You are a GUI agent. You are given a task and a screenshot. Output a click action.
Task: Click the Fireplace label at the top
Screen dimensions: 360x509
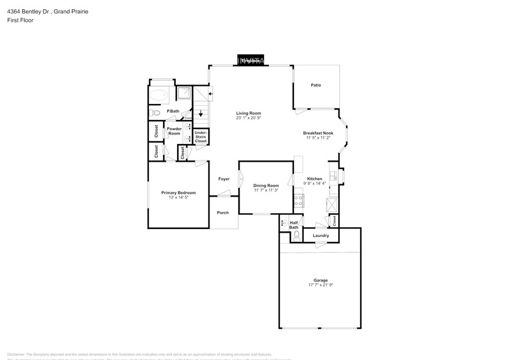click(251, 61)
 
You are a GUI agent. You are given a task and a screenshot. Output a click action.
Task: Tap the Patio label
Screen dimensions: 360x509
click(315, 85)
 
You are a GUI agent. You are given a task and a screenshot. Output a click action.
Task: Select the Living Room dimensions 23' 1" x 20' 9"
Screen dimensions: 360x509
click(249, 118)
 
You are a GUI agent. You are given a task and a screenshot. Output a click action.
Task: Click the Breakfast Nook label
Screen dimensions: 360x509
click(318, 133)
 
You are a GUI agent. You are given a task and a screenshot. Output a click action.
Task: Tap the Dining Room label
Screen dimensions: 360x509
click(266, 186)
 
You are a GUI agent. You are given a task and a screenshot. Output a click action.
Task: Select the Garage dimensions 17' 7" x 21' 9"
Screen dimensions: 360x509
click(320, 285)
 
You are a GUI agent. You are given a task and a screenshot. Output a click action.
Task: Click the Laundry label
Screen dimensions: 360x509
click(320, 236)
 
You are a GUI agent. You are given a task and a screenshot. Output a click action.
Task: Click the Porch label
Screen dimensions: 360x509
click(223, 213)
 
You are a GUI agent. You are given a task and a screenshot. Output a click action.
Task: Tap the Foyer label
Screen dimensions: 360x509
click(224, 179)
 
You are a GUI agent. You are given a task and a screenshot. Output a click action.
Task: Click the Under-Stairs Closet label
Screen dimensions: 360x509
click(200, 137)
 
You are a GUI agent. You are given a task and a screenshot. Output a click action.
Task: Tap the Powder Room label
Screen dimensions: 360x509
click(174, 131)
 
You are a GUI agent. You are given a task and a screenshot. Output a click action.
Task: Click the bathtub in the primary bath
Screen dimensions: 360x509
click(160, 96)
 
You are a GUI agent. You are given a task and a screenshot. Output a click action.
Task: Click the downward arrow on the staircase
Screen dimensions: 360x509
click(200, 113)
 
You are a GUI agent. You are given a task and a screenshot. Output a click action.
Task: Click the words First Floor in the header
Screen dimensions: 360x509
click(21, 20)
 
